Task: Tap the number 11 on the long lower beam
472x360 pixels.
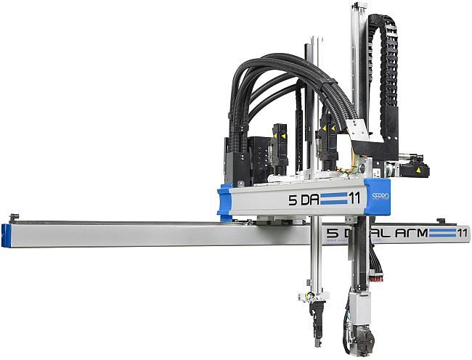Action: (x=458, y=233)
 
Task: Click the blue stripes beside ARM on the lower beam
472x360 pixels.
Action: (x=439, y=233)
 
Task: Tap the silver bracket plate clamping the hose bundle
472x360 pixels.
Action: (x=356, y=131)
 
